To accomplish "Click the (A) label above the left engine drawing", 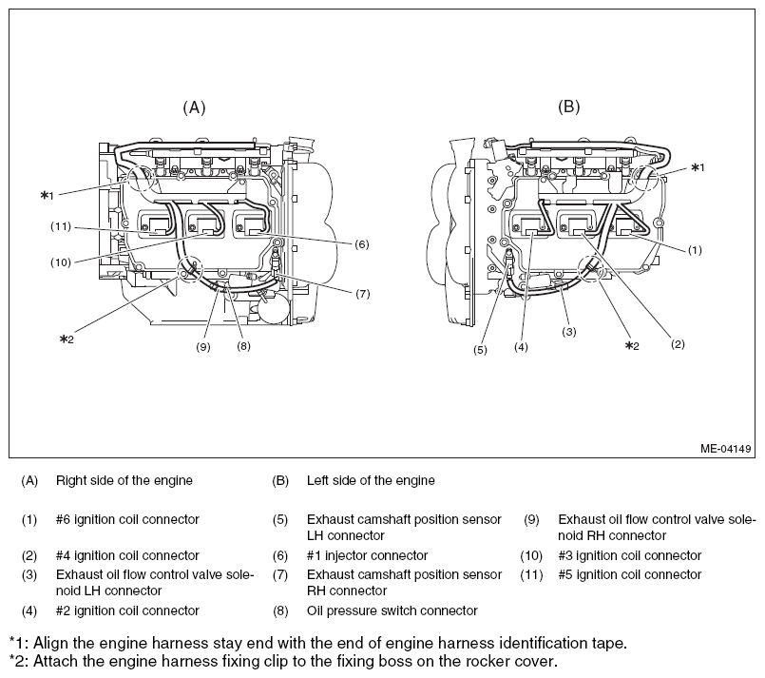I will coord(194,107).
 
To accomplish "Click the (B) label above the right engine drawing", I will coord(567,107).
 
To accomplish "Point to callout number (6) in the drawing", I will coord(361,244).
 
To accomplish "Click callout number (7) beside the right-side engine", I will coord(362,294).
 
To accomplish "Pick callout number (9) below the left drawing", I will coord(202,347).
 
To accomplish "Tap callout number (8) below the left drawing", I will coord(243,347).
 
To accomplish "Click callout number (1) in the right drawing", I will coord(695,250).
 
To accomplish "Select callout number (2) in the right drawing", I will coord(677,343).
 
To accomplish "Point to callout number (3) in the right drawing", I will coord(568,332).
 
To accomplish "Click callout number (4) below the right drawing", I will coord(521,348).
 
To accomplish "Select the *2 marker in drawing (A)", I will coord(66,339).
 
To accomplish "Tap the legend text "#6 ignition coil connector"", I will coord(127,519).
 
